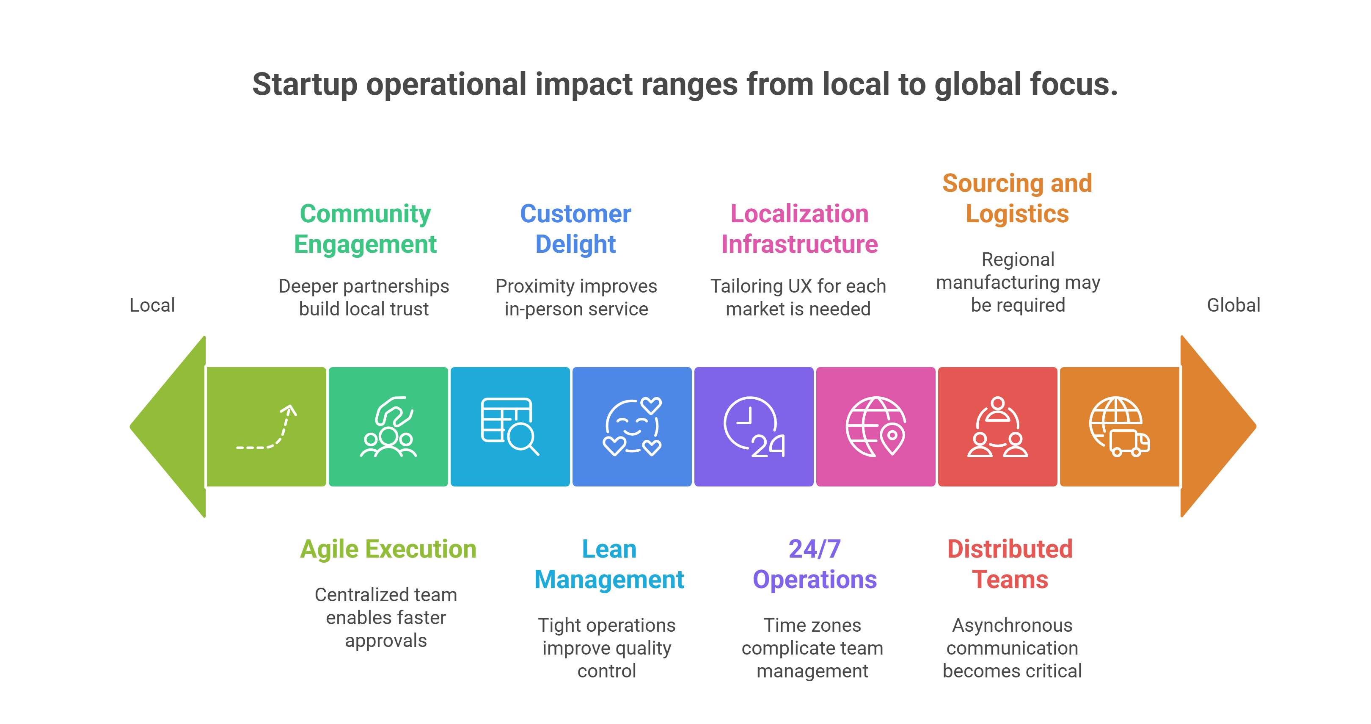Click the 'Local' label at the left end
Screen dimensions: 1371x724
(x=152, y=305)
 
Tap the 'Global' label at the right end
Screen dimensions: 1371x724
(x=1233, y=305)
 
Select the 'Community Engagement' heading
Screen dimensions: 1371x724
(x=365, y=229)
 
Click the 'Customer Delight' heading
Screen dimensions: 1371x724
(x=575, y=229)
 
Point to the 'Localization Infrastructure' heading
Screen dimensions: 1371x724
(x=799, y=229)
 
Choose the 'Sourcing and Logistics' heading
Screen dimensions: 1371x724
(x=1017, y=199)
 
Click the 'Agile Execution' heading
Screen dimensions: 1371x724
(x=388, y=549)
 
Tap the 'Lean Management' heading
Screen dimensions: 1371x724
(x=609, y=564)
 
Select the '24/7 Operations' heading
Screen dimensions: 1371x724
(x=814, y=564)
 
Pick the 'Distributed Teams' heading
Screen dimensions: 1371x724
(x=1010, y=564)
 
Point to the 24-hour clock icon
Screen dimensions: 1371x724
(x=754, y=427)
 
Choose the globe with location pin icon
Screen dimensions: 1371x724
(x=876, y=427)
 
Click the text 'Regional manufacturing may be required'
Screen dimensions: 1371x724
(x=1018, y=282)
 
